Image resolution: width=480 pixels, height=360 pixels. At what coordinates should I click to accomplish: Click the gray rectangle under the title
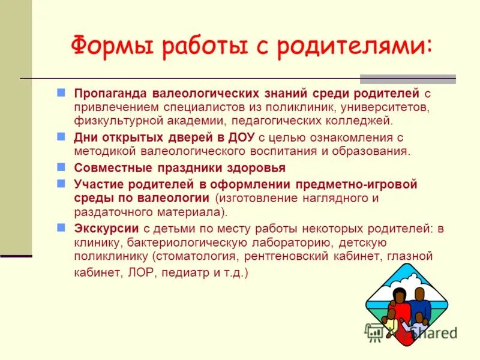(407, 79)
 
